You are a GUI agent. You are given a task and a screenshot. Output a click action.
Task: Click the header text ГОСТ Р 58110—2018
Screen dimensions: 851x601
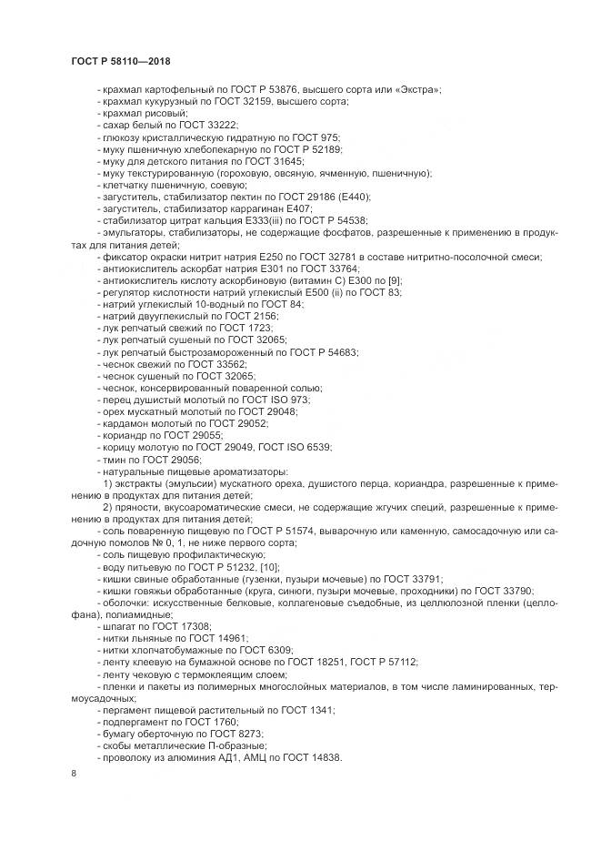(x=121, y=61)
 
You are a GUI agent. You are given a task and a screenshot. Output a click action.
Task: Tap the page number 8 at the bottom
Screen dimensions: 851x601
(x=74, y=773)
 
